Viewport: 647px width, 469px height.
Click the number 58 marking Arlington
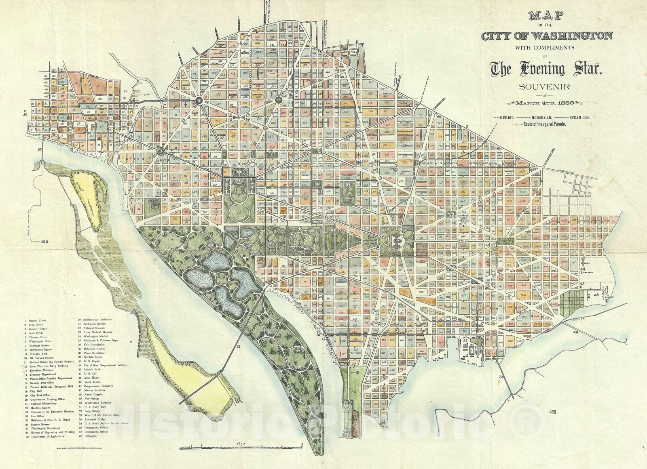coord(44,242)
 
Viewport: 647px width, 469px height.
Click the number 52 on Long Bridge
coord(239,347)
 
